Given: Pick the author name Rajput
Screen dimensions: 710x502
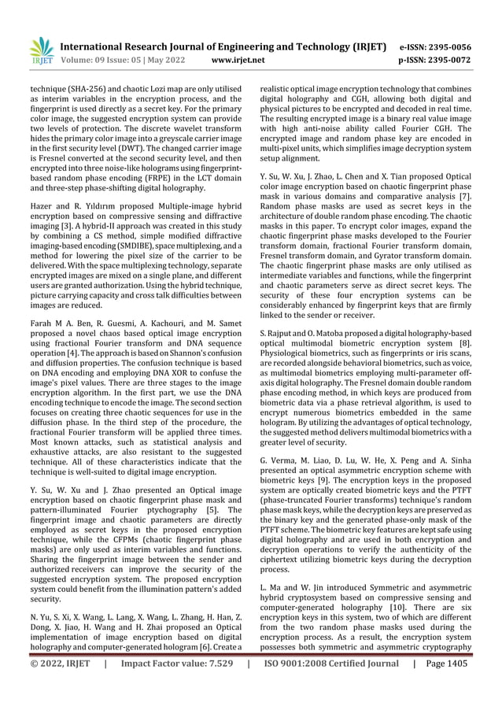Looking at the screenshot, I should (x=282, y=335).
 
